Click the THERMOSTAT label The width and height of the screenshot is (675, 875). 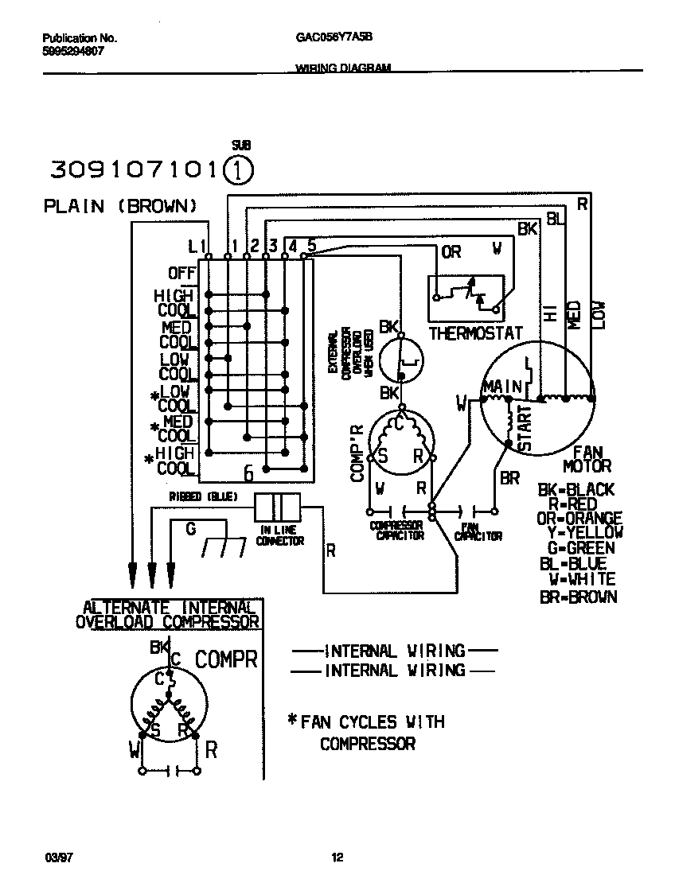[475, 334]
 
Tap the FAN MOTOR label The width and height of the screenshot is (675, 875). [587, 459]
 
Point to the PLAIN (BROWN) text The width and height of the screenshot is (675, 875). [119, 207]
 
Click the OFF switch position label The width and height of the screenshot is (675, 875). [181, 274]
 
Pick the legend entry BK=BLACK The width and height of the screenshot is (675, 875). [576, 490]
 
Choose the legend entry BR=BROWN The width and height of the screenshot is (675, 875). [578, 597]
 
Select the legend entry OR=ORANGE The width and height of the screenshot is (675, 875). [579, 519]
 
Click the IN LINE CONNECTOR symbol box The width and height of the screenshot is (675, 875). [278, 507]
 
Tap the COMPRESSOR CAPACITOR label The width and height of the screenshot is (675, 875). [396, 531]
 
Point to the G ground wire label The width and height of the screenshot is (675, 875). [190, 527]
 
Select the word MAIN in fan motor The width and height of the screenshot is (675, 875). [501, 387]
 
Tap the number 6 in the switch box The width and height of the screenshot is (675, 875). [248, 474]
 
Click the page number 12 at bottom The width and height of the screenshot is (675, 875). [337, 857]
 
